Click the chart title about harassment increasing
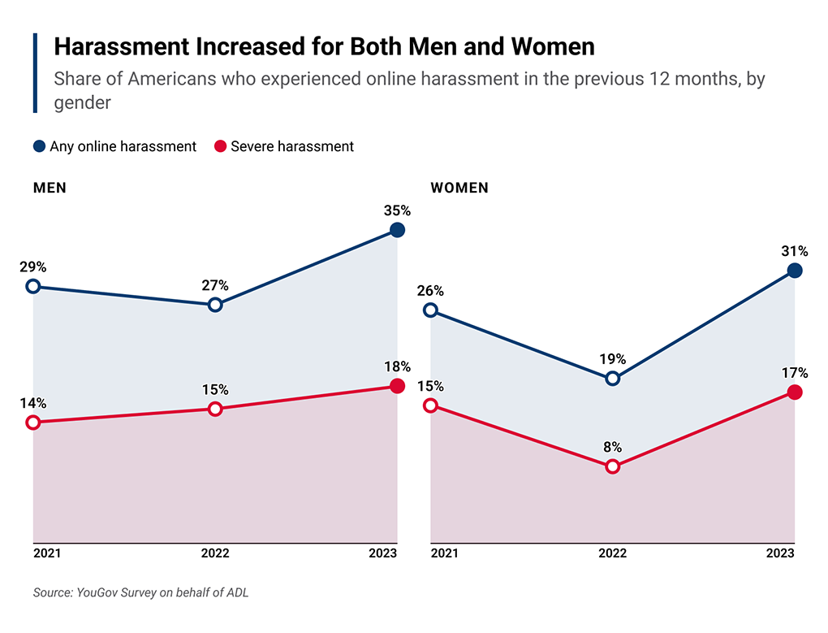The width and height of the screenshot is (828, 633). click(324, 47)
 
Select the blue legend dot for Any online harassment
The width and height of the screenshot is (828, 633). click(39, 147)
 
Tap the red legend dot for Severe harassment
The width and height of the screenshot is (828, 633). click(219, 147)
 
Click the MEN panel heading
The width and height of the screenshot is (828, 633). click(50, 188)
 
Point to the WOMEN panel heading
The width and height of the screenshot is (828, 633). click(459, 188)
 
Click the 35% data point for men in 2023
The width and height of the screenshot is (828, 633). click(397, 230)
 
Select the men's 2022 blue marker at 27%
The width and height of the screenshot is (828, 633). click(215, 305)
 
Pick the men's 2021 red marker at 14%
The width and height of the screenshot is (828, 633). click(33, 422)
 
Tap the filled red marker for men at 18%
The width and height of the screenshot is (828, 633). click(397, 386)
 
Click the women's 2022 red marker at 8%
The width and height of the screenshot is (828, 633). click(613, 466)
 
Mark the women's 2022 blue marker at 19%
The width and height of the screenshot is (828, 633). click(613, 379)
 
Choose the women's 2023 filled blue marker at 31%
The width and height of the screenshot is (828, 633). click(795, 271)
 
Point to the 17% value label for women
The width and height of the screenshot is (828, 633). click(795, 373)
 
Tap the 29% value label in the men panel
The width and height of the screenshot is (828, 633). click(34, 267)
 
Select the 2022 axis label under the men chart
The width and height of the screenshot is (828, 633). click(215, 553)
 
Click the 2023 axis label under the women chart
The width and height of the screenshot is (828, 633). click(780, 553)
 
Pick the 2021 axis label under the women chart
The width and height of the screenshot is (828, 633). click(444, 553)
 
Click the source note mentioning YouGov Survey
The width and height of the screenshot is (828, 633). click(140, 592)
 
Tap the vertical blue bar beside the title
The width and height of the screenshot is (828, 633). click(35, 73)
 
